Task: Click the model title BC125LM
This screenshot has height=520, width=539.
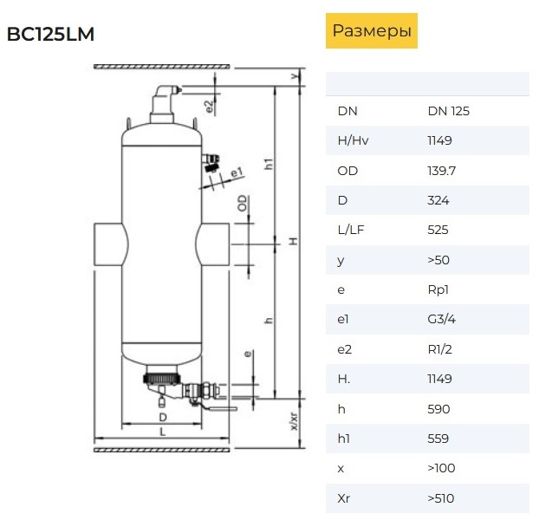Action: click(50, 34)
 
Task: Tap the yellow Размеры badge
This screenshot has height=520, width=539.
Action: click(372, 30)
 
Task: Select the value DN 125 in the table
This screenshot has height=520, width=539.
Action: click(448, 111)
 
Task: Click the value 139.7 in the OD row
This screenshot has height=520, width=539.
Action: click(441, 171)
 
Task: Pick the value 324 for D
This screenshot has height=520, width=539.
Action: click(438, 200)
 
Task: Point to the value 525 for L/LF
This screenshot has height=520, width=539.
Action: click(438, 230)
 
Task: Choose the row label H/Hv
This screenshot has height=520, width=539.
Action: click(353, 140)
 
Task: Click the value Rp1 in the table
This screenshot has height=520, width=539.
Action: click(438, 289)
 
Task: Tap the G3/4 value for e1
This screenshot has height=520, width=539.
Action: click(441, 319)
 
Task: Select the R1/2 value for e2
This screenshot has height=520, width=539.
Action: click(439, 349)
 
